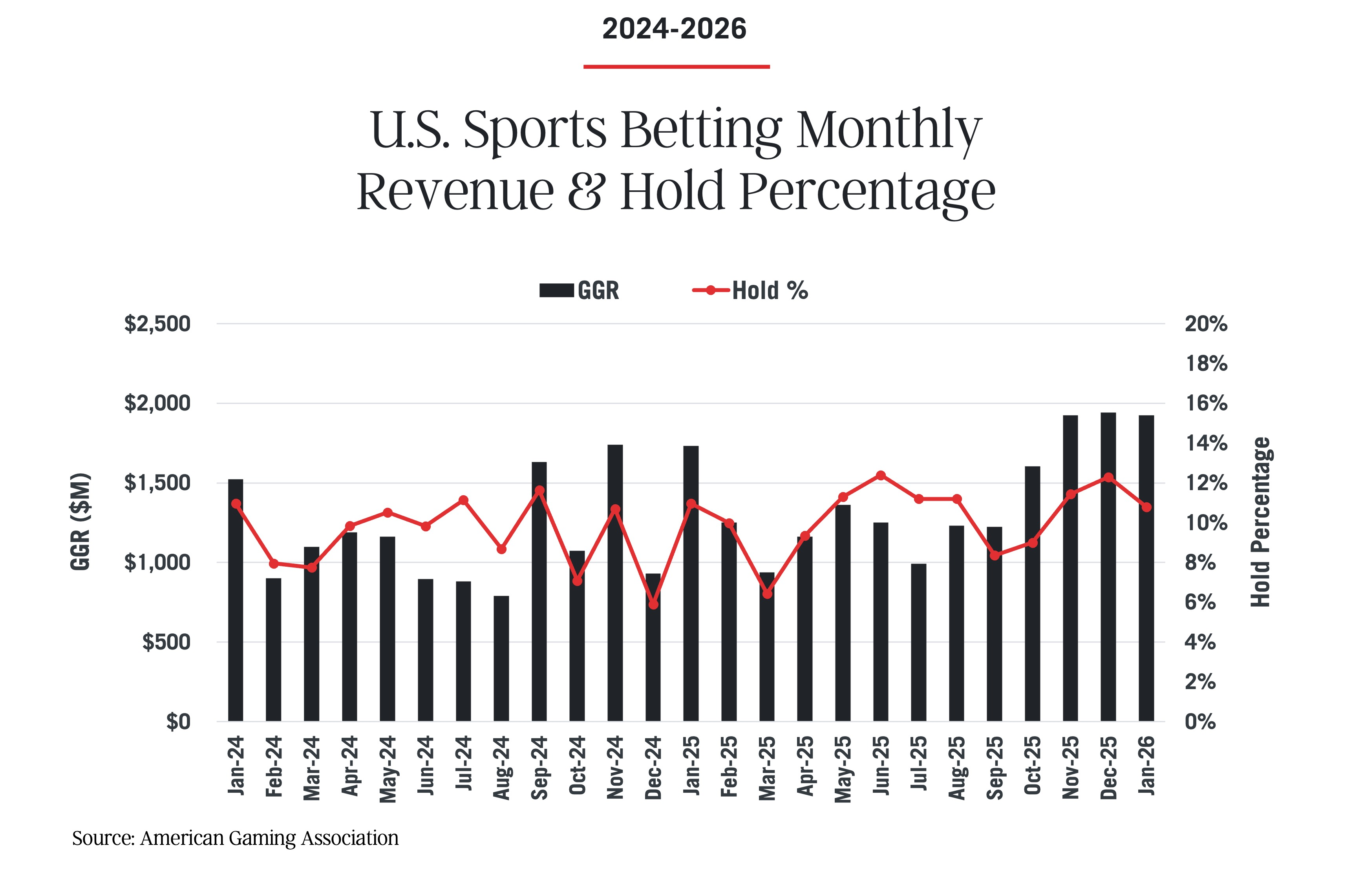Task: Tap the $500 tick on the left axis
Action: coord(166,642)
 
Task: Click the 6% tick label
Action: coord(1200,602)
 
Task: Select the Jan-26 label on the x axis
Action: coord(1147,765)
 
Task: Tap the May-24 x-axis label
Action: coord(388,768)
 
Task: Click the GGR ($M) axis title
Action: coord(81,521)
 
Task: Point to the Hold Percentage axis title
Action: coord(1261,522)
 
